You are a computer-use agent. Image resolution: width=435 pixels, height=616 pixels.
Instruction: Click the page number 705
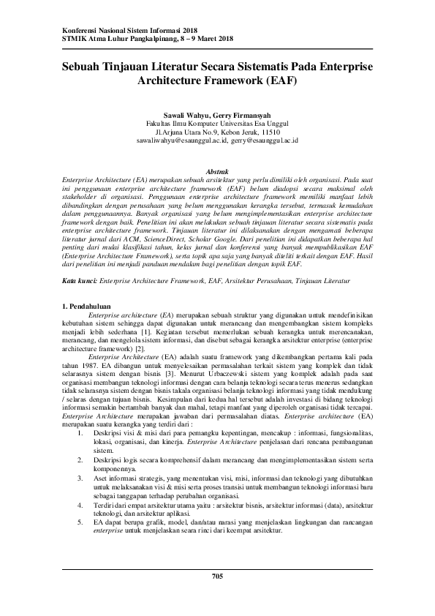(x=217, y=577)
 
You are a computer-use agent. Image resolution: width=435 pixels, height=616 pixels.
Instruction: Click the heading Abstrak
(x=217, y=170)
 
